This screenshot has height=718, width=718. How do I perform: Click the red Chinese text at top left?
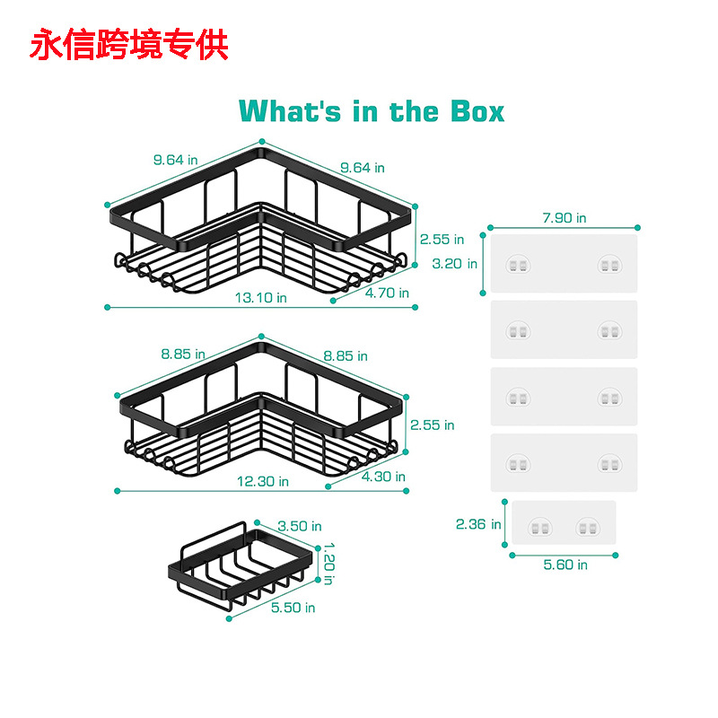click(129, 44)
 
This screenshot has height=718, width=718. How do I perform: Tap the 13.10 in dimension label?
click(262, 297)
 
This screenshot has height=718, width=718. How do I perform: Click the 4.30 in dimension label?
click(382, 477)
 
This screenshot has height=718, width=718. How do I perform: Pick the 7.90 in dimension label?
click(564, 217)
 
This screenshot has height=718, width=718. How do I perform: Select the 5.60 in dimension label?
click(565, 565)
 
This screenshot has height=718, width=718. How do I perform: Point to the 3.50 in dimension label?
click(299, 526)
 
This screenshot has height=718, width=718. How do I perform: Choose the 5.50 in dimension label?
click(293, 608)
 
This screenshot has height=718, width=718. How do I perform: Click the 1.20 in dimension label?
click(328, 562)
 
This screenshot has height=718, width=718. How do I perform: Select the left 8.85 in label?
click(183, 355)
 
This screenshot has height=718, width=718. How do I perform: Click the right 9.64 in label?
click(362, 167)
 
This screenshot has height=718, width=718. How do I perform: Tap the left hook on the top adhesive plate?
click(519, 265)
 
